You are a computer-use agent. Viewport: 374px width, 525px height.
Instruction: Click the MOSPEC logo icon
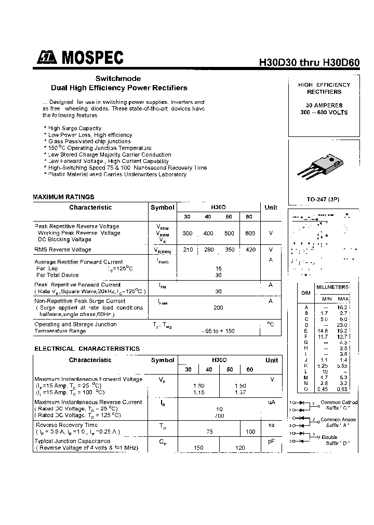[47, 58]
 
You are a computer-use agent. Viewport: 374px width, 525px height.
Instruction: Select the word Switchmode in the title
[118, 79]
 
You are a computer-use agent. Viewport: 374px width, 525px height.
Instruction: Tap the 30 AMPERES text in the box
[324, 105]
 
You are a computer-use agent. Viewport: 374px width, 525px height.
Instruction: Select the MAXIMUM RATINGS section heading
[63, 197]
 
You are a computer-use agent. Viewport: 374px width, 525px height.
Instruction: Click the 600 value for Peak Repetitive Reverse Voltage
[250, 233]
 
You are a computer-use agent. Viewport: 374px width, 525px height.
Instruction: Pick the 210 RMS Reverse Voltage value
[188, 250]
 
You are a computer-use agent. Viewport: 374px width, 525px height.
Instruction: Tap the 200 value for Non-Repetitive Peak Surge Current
[218, 308]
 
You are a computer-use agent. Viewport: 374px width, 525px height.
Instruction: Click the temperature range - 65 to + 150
[218, 331]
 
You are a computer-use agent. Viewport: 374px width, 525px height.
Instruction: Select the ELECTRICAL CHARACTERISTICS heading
[87, 349]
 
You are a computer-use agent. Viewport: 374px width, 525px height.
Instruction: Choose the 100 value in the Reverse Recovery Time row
[250, 432]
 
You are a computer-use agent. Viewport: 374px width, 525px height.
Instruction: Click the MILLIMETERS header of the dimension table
[333, 287]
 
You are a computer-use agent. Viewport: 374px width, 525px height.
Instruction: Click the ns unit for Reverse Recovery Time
[271, 424]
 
